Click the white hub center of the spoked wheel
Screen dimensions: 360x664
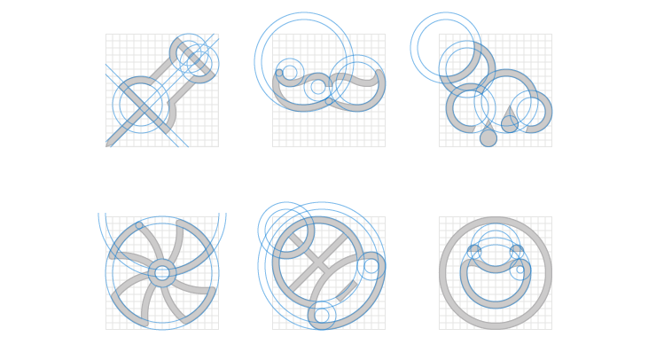161,273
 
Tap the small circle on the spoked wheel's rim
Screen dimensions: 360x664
139,226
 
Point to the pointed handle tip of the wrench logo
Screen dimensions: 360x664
108,143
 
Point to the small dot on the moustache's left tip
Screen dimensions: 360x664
279,73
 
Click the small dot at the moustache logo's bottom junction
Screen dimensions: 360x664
329,101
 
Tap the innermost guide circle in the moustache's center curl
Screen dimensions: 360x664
317,87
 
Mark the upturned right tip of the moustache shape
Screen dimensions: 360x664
379,73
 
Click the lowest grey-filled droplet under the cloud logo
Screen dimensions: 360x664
488,138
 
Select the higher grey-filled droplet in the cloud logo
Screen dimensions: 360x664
510,124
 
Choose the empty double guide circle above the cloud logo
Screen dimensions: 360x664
445,46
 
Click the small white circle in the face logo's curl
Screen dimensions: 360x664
520,270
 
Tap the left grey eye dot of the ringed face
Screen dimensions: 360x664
474,251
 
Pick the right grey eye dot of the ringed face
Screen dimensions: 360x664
517,251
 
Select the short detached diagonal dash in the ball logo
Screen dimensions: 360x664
347,290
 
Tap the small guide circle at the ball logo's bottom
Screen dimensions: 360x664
322,315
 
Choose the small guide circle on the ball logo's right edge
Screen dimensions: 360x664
371,266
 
